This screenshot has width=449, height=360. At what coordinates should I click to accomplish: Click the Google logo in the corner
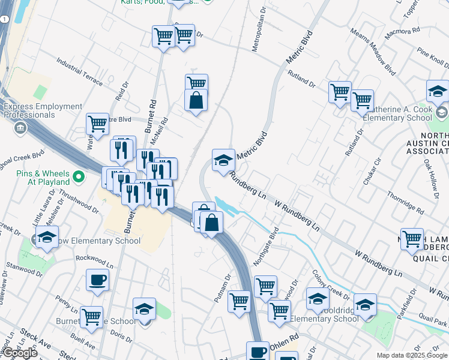pyautogui.click(x=19, y=353)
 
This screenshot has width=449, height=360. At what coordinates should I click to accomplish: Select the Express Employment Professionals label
pyautogui.click(x=43, y=110)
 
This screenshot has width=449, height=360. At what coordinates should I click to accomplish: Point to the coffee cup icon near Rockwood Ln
pyautogui.click(x=97, y=280)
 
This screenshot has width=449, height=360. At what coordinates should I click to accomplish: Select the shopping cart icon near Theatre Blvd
pyautogui.click(x=97, y=125)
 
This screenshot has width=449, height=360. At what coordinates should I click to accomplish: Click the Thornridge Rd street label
pyautogui.click(x=406, y=204)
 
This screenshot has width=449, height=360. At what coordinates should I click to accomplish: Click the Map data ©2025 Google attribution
pyautogui.click(x=412, y=355)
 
